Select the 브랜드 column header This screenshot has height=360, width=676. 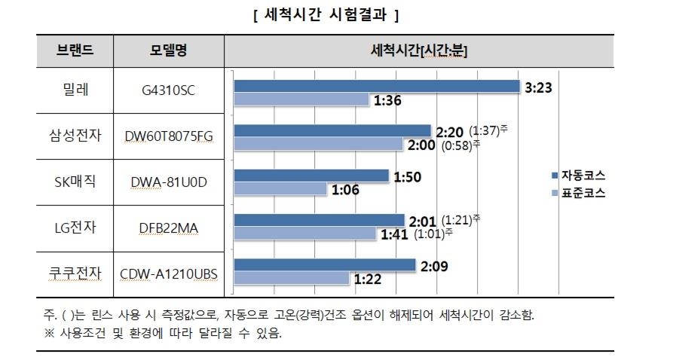coord(75,50)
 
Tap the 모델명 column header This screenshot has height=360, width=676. coord(168,50)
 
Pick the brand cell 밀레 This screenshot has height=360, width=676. coord(75,91)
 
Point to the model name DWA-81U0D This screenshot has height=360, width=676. coord(168,182)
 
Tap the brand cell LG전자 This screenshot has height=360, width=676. coord(75,225)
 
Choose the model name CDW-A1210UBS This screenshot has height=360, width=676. coord(168,273)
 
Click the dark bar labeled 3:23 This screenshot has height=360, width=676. coord(377,86)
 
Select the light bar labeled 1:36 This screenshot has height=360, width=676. coord(301,99)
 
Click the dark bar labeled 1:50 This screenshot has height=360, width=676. coord(311,175)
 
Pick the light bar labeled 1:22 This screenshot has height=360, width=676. coord(292,278)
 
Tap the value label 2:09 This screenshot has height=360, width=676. coord(435,265)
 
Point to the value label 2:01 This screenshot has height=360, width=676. coord(422,220)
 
